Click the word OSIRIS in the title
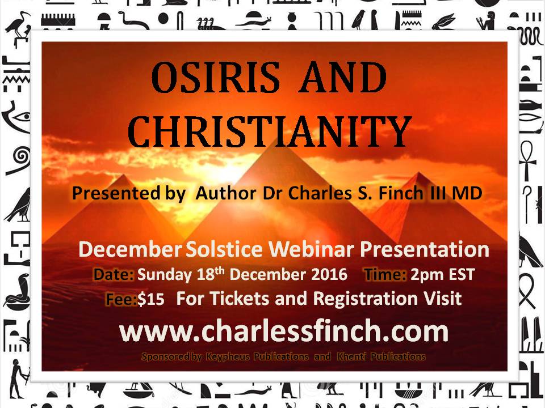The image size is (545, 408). coord(215,77)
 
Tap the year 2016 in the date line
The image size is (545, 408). coord(329,274)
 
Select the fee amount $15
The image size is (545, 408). coord(151,299)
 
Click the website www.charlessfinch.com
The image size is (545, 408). coord(284,331)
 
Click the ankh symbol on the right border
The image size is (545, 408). coord(528,160)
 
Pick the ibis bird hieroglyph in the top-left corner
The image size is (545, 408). coord(18,27)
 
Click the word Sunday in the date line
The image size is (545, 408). coord(164,275)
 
